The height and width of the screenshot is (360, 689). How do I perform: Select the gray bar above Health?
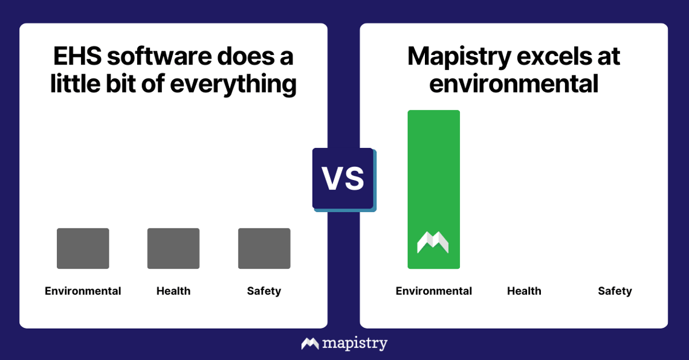pos(173,248)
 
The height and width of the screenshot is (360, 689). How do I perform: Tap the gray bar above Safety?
pos(264,248)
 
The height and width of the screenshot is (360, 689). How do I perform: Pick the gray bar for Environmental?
pos(83,248)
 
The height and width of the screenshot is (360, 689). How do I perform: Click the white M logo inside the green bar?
pos(433,242)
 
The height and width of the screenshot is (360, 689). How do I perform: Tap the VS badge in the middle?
pos(343,179)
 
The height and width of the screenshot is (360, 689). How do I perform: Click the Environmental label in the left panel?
pos(83,291)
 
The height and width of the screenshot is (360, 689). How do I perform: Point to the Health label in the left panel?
pos(173,291)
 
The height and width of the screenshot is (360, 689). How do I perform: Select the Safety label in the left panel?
pos(264,291)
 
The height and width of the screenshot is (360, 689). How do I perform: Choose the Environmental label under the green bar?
pos(434,291)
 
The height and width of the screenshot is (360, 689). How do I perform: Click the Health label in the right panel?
pos(524,291)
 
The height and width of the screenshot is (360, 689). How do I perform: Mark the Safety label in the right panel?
pos(615,291)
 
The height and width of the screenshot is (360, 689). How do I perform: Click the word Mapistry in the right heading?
pos(457,57)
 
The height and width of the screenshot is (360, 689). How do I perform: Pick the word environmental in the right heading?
pos(514,84)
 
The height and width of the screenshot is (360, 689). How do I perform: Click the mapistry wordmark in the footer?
pos(355,344)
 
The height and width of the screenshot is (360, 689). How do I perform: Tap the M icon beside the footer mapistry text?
pos(310,344)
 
